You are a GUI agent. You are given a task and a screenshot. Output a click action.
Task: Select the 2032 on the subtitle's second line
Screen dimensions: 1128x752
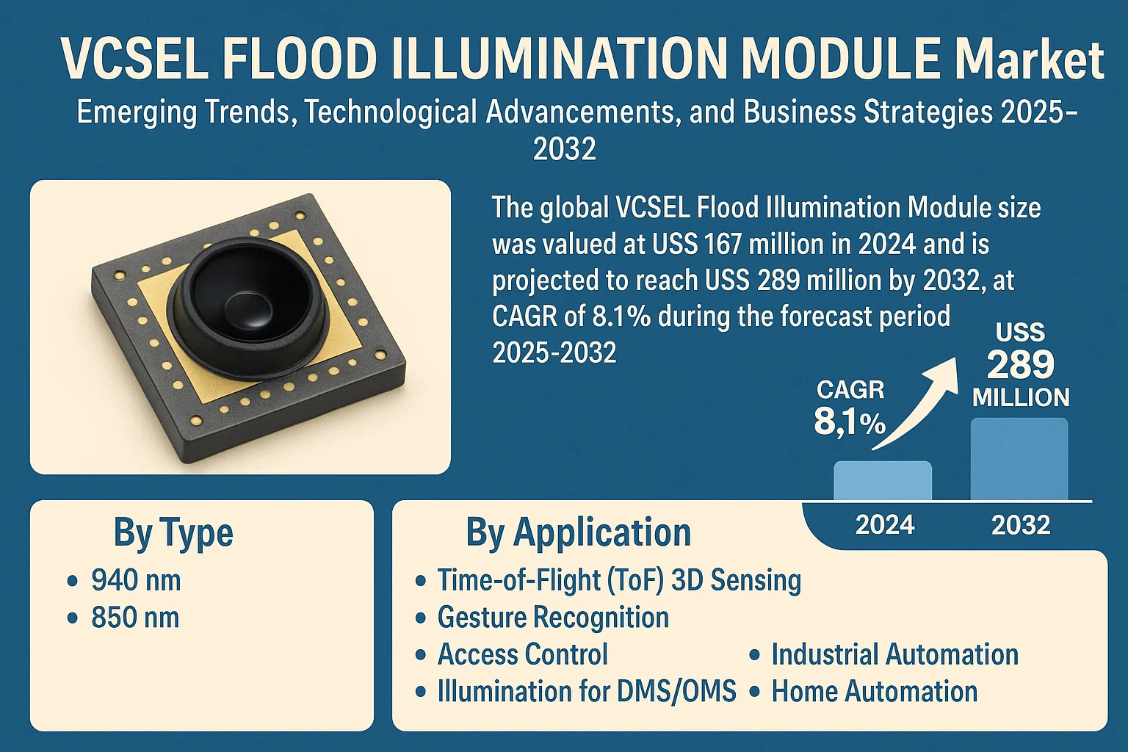pyautogui.click(x=564, y=148)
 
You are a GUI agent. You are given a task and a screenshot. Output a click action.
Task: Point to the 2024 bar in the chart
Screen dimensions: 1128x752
pyautogui.click(x=883, y=480)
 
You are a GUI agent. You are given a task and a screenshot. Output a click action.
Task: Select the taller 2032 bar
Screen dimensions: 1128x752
pyautogui.click(x=1019, y=459)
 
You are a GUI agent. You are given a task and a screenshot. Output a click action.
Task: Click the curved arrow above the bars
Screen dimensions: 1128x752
pyautogui.click(x=914, y=403)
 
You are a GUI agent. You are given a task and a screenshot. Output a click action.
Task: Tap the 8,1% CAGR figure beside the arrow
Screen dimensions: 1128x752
pyautogui.click(x=850, y=422)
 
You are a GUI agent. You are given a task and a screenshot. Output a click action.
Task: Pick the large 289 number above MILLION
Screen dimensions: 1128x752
pyautogui.click(x=1021, y=364)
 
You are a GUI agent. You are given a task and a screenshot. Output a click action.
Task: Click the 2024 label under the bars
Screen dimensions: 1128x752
pyautogui.click(x=885, y=525)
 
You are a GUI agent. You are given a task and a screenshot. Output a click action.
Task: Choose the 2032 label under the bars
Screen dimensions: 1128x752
pyautogui.click(x=1021, y=525)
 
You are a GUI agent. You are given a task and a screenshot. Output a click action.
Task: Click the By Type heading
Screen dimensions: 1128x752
pyautogui.click(x=173, y=533)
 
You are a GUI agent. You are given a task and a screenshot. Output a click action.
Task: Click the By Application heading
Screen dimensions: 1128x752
pyautogui.click(x=578, y=533)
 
